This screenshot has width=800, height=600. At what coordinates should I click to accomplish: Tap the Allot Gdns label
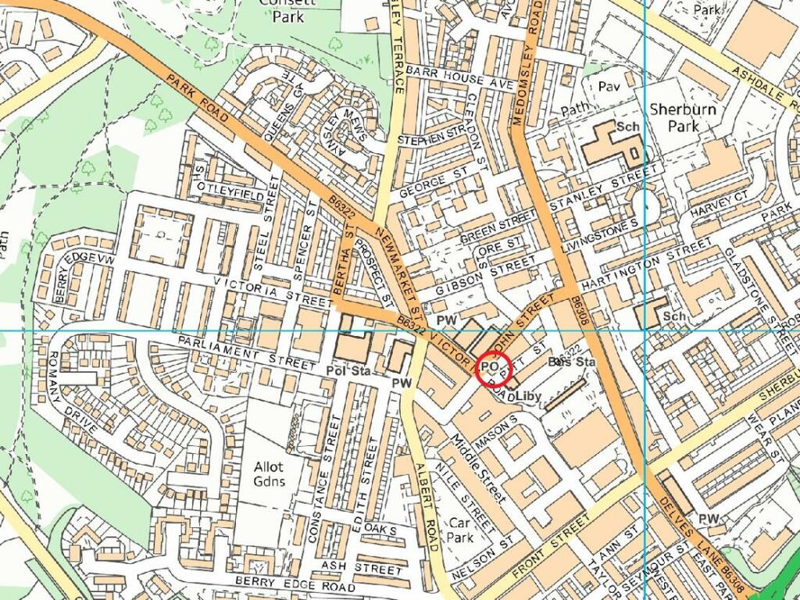(269, 473)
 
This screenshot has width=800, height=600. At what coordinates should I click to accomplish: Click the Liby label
(528, 396)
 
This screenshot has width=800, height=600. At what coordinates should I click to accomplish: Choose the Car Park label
(462, 530)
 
